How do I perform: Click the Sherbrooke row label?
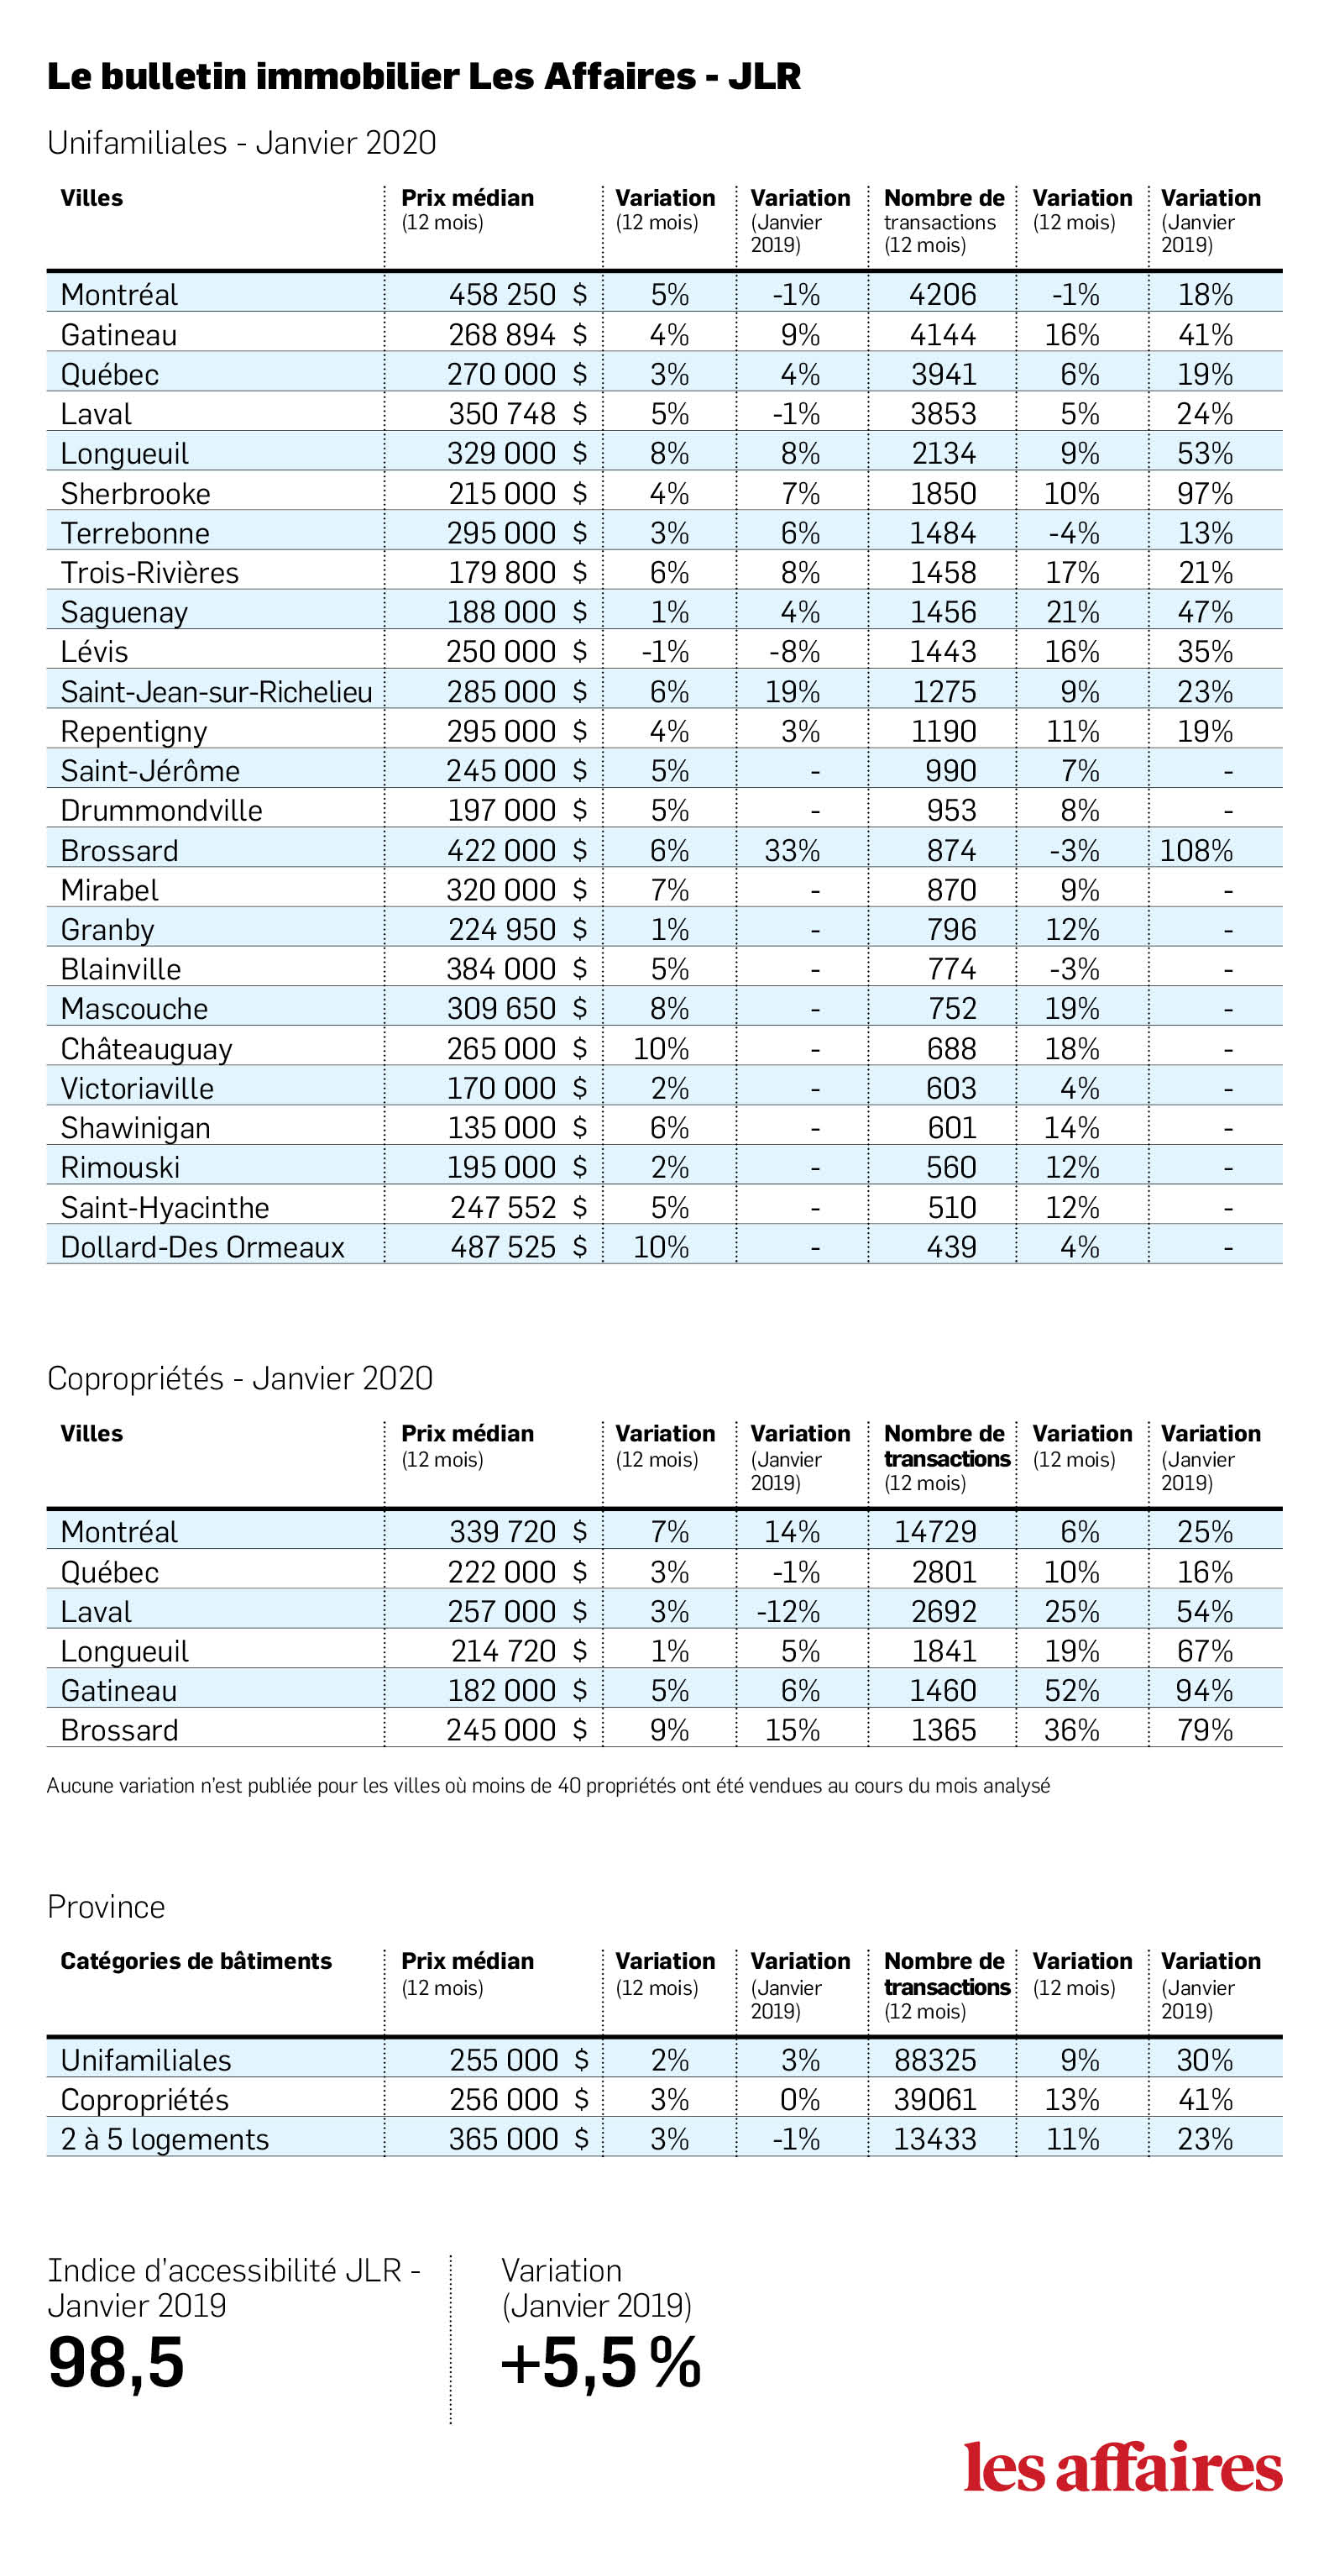(135, 493)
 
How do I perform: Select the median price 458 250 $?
(517, 295)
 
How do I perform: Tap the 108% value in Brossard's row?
(1196, 851)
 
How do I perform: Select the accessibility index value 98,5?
(117, 2363)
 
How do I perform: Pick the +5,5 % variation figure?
(601, 2363)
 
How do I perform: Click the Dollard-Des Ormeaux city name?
(202, 1247)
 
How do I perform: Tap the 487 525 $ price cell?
(518, 1247)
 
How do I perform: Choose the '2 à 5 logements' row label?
(165, 2139)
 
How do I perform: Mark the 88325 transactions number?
(934, 2060)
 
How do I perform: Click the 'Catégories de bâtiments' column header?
(196, 1961)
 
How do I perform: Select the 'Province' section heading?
(107, 1906)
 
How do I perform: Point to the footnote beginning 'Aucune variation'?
(548, 1786)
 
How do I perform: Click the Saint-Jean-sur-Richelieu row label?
(217, 691)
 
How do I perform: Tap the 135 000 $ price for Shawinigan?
(517, 1128)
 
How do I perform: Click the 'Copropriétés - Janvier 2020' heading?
(240, 1378)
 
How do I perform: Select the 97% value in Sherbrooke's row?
(1205, 493)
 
